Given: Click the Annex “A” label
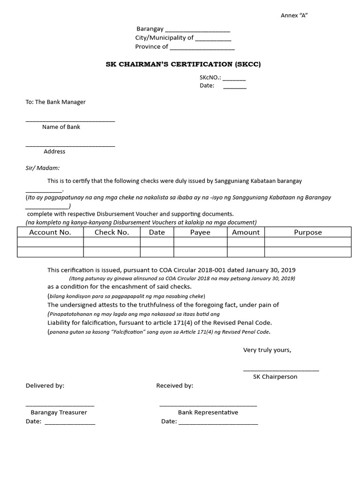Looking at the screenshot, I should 294,15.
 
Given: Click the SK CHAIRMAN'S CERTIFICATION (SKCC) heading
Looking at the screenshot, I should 183,64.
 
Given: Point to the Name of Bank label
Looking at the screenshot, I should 61,127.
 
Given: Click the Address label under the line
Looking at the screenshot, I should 54,151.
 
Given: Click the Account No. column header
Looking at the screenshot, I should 50,232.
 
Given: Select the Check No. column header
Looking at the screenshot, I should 112,232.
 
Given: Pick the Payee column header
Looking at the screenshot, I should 200,232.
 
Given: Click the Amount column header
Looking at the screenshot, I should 246,232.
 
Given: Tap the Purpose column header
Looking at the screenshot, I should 307,232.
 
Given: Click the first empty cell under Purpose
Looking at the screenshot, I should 307,242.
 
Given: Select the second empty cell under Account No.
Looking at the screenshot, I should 50,252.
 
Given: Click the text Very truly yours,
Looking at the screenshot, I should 267,350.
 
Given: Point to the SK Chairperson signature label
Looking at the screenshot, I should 275,377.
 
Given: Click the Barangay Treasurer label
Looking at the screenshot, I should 59,412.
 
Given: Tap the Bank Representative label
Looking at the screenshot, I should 208,412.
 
